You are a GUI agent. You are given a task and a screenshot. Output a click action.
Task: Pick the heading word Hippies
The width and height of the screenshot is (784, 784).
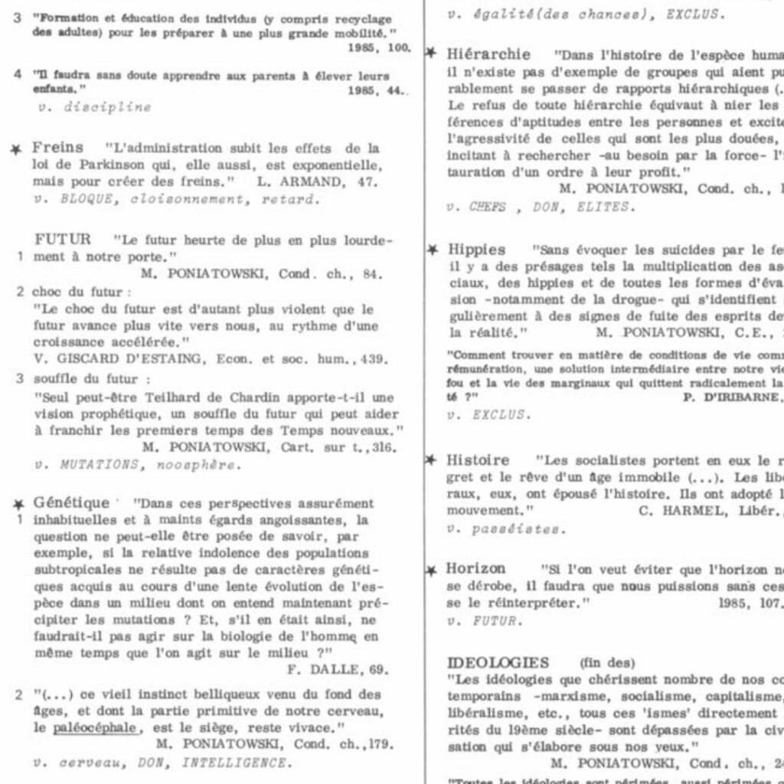tap(475, 250)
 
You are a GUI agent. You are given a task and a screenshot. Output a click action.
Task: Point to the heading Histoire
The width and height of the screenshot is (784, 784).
tap(478, 460)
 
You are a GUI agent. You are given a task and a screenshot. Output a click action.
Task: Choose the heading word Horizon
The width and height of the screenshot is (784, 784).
tap(475, 569)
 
